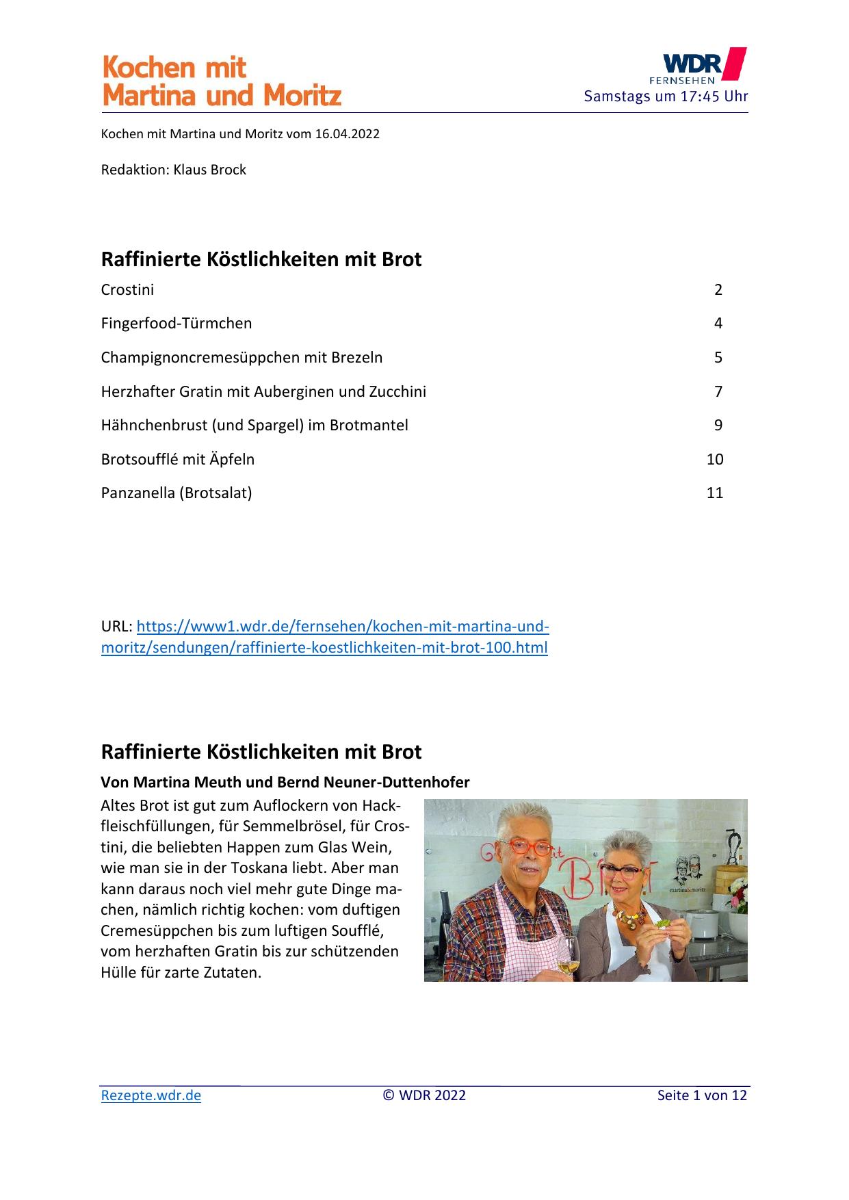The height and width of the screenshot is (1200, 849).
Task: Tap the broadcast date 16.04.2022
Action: [x=347, y=134]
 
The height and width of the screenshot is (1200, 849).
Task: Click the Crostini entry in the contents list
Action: [x=127, y=289]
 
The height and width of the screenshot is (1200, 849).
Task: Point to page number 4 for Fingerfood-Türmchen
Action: [x=718, y=323]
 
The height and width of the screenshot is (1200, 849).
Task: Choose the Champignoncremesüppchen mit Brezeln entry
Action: [x=241, y=357]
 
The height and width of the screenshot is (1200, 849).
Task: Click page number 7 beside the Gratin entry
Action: [x=718, y=391]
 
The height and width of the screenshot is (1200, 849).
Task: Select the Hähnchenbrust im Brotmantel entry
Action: [x=254, y=425]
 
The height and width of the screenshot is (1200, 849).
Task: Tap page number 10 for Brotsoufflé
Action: [x=714, y=459]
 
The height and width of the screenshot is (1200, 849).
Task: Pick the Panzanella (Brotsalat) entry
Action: [x=177, y=493]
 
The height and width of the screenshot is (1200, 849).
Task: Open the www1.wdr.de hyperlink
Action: [x=325, y=637]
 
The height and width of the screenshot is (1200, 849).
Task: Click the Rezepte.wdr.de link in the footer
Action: [x=151, y=1095]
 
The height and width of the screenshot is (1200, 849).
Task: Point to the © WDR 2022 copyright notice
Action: [x=424, y=1095]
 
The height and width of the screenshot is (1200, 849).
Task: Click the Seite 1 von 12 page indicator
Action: [x=702, y=1095]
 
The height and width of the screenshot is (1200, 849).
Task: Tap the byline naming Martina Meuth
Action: [x=285, y=782]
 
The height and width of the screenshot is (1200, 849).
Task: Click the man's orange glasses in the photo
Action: [x=528, y=848]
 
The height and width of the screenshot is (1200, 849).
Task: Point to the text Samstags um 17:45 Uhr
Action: [x=666, y=96]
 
